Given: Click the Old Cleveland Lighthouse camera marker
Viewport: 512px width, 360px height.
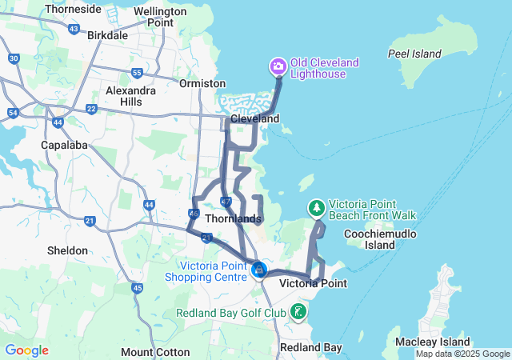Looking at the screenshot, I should click(x=278, y=65).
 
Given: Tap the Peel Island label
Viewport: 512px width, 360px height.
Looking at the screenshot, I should click(x=414, y=54).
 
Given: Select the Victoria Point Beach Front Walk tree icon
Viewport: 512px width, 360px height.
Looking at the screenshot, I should click(x=317, y=208).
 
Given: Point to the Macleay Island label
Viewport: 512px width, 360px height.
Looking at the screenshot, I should click(x=432, y=342).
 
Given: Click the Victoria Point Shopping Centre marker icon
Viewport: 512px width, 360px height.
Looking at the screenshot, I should click(x=258, y=270).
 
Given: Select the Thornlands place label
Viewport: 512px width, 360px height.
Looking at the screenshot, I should click(x=233, y=218).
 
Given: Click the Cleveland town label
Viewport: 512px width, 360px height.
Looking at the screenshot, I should click(x=255, y=118).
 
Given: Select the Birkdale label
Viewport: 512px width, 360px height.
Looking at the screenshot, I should click(x=107, y=36).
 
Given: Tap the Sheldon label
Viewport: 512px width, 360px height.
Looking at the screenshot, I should click(x=67, y=250).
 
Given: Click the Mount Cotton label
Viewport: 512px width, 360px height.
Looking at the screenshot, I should click(x=155, y=352).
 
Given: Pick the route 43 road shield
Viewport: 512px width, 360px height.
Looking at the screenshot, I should click(x=74, y=29).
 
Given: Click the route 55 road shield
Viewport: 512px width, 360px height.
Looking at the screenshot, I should click(x=137, y=74).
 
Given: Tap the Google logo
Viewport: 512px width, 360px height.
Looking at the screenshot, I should click(x=26, y=350).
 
